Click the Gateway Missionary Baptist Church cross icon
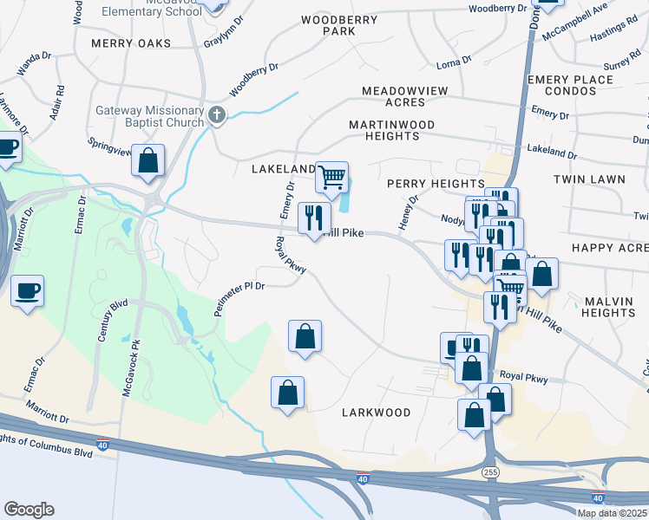(218, 114)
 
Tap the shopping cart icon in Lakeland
(331, 177)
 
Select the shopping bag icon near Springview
(149, 160)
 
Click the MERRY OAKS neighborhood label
(126, 43)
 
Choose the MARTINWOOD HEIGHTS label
(390, 130)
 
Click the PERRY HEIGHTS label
(436, 184)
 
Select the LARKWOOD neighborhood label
(376, 413)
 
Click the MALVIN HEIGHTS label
(609, 306)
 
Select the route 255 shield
(491, 471)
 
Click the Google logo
(29, 510)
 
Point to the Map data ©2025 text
(612, 513)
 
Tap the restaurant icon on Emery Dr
(314, 218)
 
